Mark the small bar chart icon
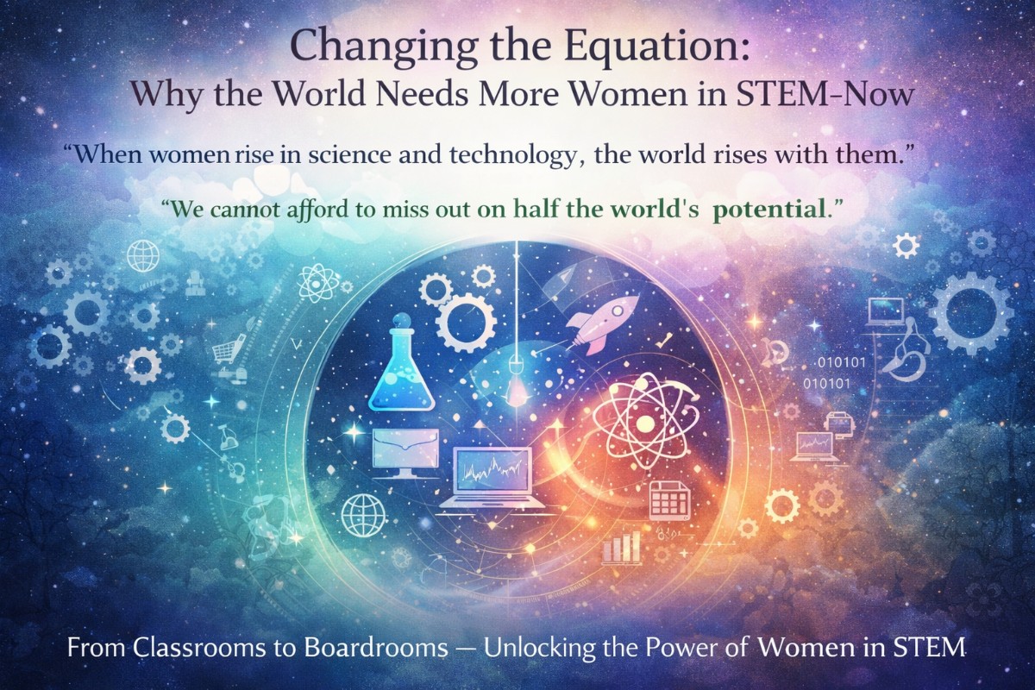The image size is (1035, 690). (621, 546)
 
